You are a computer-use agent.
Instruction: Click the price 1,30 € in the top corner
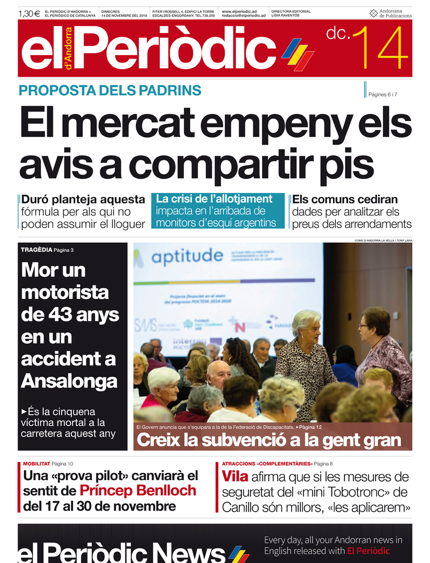point(29,14)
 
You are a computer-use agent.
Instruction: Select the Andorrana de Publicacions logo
point(390,14)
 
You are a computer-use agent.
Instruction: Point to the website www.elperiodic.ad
point(239,11)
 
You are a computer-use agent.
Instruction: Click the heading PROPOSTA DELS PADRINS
point(110,90)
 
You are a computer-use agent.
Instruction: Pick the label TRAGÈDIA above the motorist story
point(36,250)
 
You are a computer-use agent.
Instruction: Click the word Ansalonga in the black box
point(69,381)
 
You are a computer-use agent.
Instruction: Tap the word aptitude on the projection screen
point(187,255)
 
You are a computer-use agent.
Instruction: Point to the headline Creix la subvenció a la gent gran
point(269,440)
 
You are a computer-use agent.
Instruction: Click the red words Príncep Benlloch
point(138,490)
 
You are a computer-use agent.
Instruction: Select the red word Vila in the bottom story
point(235,477)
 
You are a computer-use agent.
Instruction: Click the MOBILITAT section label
point(36,464)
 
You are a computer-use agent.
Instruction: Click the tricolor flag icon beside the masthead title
point(297,53)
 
